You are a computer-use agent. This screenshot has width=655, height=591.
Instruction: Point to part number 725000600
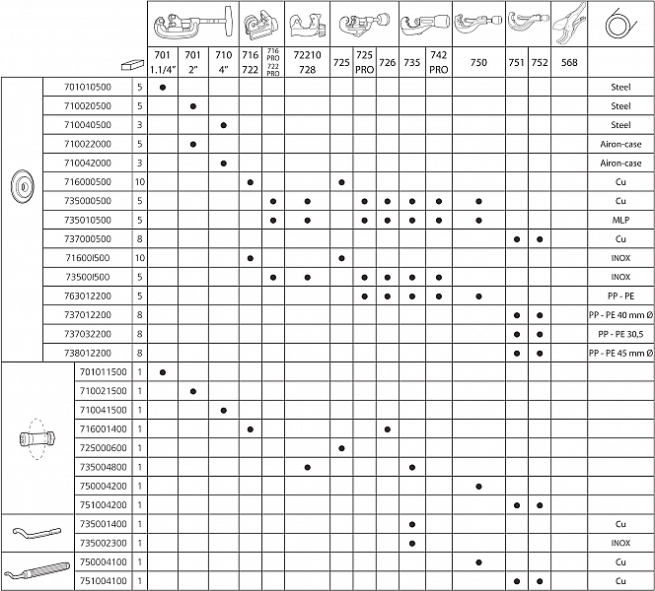point(103,447)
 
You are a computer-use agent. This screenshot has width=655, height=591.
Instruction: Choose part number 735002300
point(103,543)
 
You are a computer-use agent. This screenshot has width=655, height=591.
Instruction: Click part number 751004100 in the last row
point(103,581)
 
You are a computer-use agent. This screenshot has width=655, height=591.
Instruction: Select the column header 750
point(478,63)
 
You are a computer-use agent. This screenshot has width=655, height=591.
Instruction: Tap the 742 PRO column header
point(440,63)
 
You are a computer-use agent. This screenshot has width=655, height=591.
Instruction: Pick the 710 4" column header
point(224,63)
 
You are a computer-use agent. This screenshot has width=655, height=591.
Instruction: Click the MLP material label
point(620,220)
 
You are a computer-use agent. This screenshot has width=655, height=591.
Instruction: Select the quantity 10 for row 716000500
point(140,182)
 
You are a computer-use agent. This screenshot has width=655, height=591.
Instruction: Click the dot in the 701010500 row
point(163,87)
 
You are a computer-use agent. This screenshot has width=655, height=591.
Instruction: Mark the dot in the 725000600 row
point(341,447)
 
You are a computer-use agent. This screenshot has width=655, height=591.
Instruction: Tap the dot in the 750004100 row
point(478,562)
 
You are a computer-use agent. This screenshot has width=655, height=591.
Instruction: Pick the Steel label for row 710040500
point(620,125)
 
